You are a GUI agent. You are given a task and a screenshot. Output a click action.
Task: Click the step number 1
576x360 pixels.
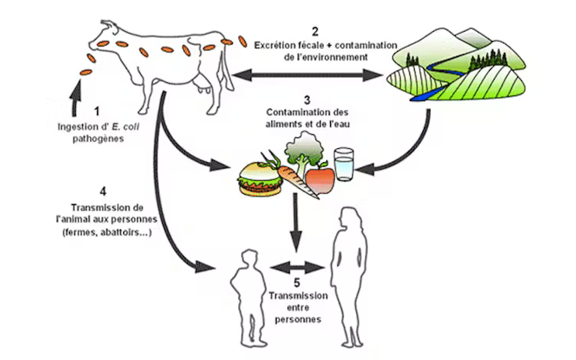[x=98, y=111]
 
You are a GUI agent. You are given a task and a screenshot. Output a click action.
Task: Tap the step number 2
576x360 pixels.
[x=315, y=31]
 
